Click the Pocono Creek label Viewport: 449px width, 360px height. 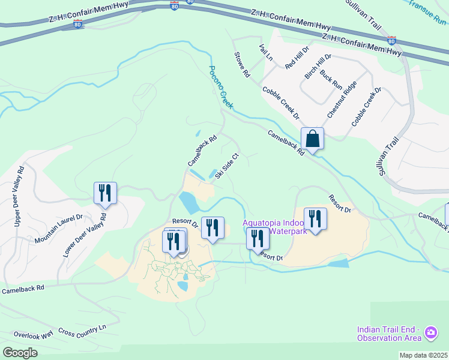220,87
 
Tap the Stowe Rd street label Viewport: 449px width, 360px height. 242,65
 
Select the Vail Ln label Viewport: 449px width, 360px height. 265,52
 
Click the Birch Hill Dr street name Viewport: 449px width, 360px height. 318,65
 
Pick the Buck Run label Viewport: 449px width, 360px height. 331,78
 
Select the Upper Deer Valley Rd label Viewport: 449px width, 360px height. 19,196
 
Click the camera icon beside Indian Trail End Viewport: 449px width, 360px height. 430,332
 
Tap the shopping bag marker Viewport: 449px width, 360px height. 313,139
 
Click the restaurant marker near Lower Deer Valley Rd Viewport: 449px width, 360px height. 105,193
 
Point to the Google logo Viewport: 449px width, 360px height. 19,353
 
